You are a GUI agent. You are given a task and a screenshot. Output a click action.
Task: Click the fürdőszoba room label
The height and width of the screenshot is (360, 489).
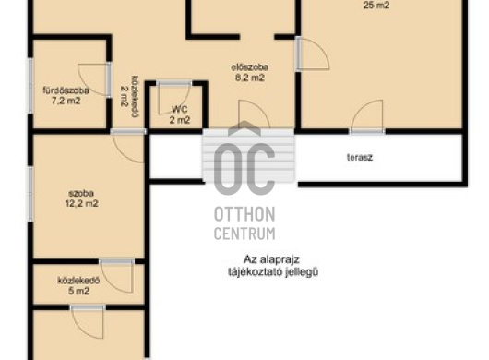[x=66, y=90]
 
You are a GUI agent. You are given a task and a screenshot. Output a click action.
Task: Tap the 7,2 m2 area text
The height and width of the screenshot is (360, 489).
[x=66, y=101]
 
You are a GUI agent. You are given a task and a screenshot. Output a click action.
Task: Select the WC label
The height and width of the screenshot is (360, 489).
[x=180, y=110]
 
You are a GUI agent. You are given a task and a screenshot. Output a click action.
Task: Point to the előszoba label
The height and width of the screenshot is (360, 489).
[x=250, y=67]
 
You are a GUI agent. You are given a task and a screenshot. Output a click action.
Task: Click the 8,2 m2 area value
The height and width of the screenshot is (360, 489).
[x=250, y=78]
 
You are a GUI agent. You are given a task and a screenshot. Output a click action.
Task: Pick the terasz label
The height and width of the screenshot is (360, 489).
[x=360, y=157]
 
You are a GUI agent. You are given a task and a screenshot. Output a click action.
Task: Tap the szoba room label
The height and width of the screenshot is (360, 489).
[x=81, y=194]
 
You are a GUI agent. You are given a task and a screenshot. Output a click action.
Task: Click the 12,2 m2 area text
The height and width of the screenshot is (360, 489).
[x=82, y=204]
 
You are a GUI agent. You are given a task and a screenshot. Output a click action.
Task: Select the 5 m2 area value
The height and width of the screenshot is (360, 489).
[x=78, y=291]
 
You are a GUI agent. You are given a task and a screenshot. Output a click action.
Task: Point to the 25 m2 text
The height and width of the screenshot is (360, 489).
[x=376, y=6]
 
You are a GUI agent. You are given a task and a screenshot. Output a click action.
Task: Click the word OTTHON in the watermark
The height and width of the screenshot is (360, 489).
[x=244, y=215]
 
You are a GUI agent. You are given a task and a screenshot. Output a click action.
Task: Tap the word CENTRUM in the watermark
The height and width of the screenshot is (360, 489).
[x=244, y=234]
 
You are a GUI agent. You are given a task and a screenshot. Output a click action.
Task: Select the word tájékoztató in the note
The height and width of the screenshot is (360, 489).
[x=255, y=272]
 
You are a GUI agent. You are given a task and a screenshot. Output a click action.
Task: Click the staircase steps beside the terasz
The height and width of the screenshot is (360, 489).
[x=248, y=156]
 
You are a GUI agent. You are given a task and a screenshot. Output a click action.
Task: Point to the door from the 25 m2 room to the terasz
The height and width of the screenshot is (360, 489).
[x=367, y=116]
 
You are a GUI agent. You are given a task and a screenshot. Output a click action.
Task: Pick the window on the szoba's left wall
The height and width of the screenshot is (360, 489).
[x=30, y=194]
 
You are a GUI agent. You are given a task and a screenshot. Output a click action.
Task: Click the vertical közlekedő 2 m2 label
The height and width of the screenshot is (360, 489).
[x=129, y=96]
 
